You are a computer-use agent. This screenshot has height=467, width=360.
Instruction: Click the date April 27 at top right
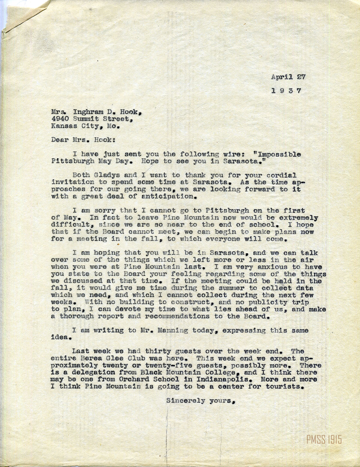[x=288, y=77]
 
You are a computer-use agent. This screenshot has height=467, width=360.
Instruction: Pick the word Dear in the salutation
[x=58, y=140]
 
